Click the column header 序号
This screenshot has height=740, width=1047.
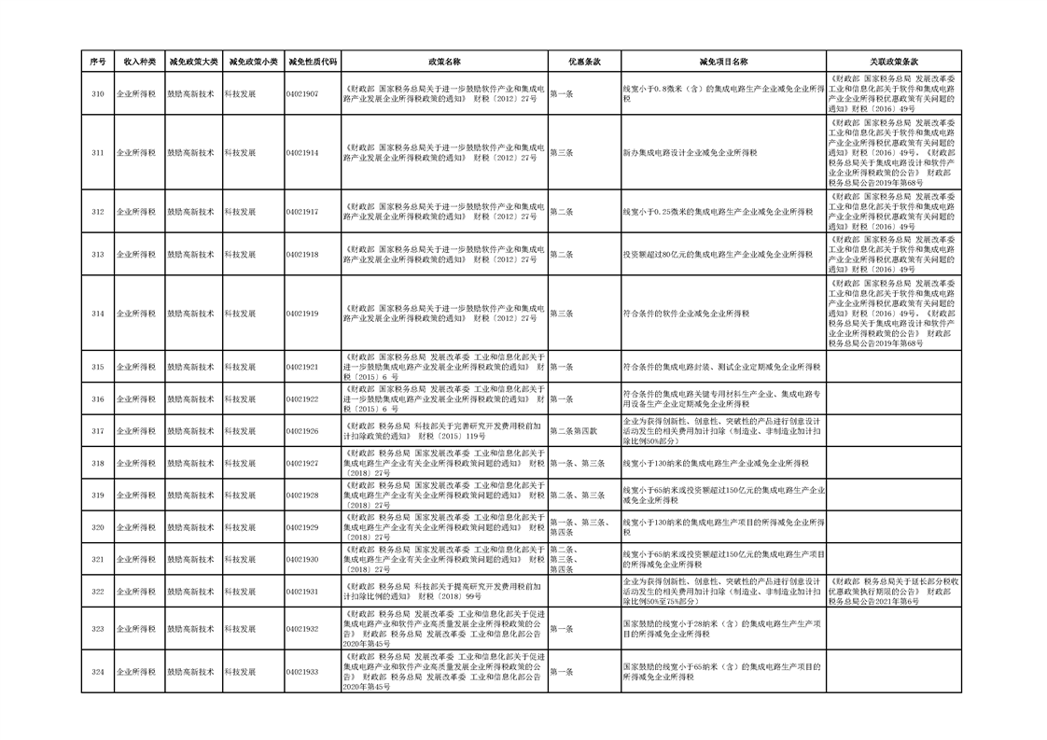[98, 61]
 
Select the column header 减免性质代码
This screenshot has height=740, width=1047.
[313, 61]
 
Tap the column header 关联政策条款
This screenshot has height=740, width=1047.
[893, 61]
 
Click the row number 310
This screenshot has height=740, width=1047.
[98, 94]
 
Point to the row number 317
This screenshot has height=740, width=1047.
[98, 431]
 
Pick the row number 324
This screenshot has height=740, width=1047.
[98, 671]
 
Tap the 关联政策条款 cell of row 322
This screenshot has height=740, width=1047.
[893, 592]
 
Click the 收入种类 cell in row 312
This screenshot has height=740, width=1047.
[136, 212]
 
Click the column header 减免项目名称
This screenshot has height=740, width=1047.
[723, 61]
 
